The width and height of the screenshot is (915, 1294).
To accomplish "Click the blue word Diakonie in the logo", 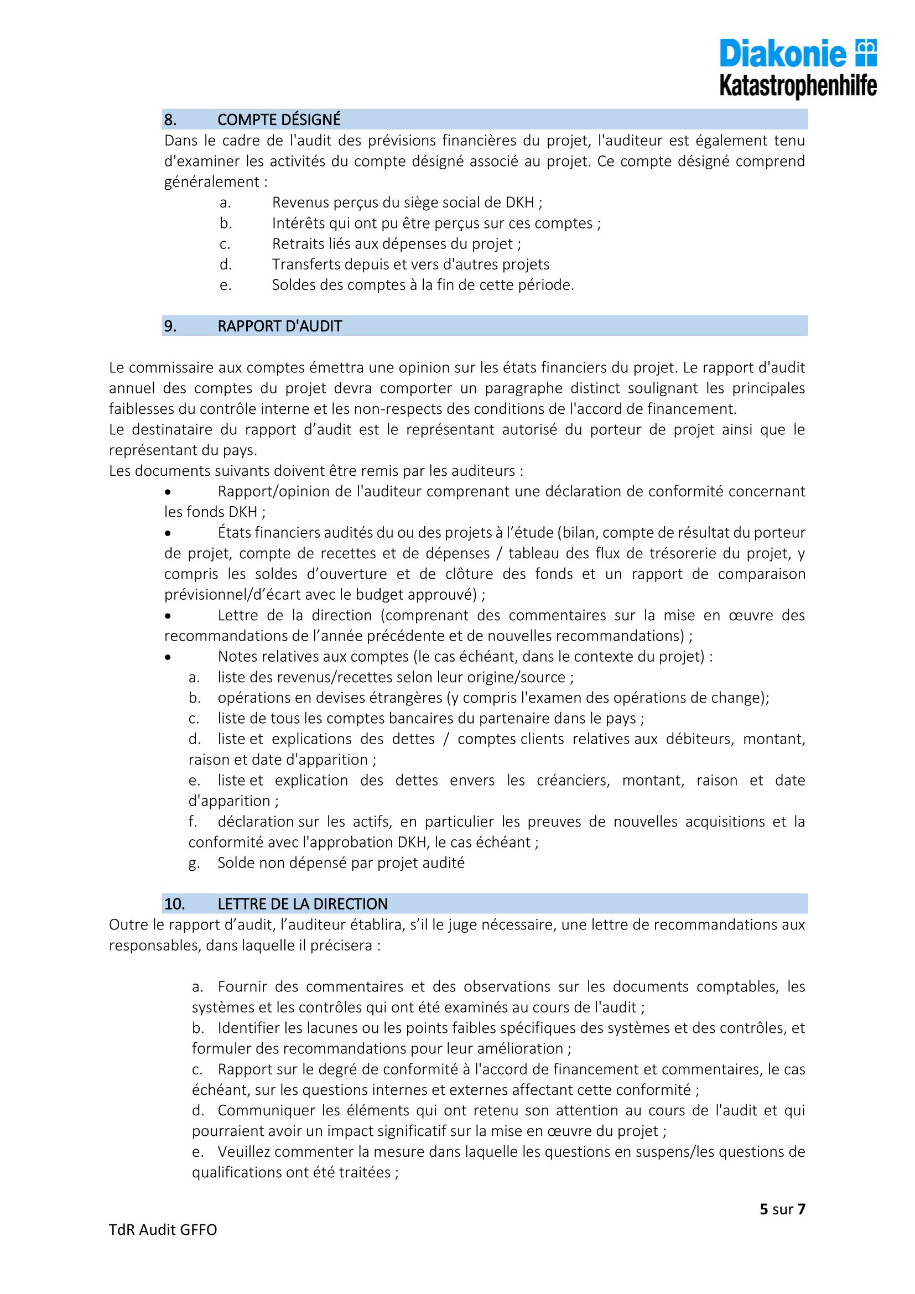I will (x=783, y=54).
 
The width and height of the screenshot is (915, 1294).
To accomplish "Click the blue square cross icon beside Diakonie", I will (x=866, y=52).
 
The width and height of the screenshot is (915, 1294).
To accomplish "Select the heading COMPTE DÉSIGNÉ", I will (x=279, y=120).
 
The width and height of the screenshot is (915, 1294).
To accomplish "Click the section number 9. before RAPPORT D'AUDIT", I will (x=170, y=326).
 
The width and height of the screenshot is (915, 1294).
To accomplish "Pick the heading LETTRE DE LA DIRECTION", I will (x=303, y=904).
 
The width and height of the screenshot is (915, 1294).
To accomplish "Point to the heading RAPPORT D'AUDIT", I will (x=279, y=326).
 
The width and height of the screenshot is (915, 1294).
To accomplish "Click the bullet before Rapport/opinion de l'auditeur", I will (x=167, y=492).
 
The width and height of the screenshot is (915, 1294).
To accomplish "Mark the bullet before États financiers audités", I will (x=167, y=534).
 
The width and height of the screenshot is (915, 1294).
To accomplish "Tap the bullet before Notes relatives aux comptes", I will (x=167, y=658).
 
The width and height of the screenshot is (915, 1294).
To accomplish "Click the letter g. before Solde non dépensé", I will (x=194, y=864).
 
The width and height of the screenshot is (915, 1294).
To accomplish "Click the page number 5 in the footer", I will (x=763, y=1209).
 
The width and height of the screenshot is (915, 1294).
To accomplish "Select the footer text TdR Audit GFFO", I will (x=163, y=1230).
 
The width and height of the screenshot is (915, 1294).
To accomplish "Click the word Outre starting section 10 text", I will (x=127, y=925).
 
